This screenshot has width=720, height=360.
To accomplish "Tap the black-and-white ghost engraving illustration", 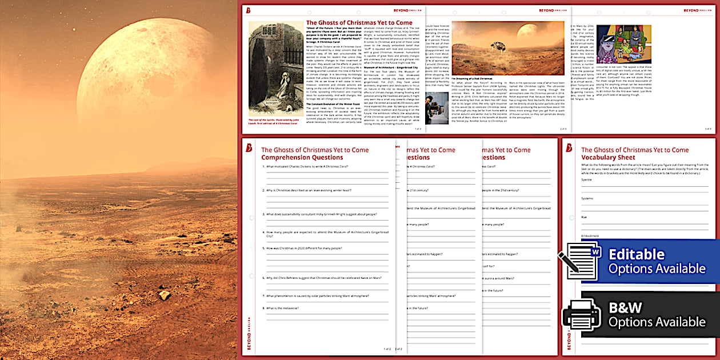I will [x=276, y=69].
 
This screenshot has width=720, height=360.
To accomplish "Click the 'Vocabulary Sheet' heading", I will [x=607, y=157].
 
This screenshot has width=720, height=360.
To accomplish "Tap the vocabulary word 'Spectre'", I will [x=586, y=179].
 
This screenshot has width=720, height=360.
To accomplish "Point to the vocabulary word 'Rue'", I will [x=583, y=217].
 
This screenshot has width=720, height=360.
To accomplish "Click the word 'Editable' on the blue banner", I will [x=637, y=254].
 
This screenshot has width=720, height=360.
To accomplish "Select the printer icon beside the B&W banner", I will [x=582, y=314].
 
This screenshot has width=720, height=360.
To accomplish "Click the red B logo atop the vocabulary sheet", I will [x=569, y=148].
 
